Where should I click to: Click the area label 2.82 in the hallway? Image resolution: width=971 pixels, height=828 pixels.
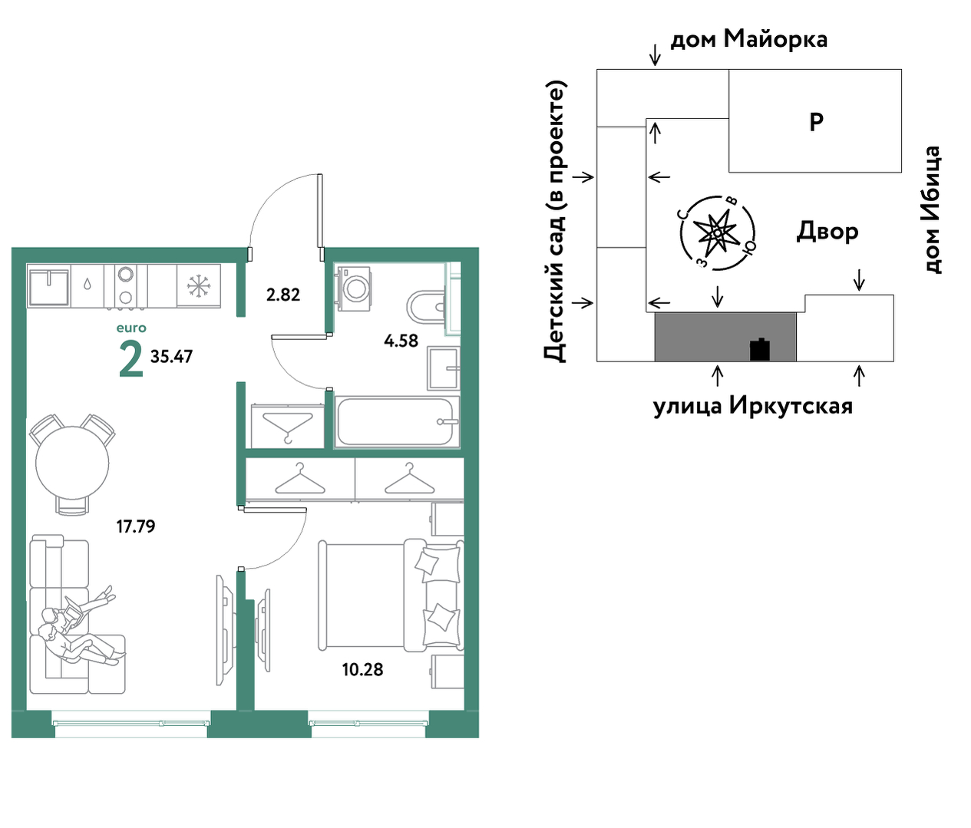(x=282, y=295)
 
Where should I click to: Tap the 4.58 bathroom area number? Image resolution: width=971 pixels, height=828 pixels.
(x=401, y=341)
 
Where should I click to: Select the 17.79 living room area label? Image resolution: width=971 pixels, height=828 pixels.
(x=136, y=526)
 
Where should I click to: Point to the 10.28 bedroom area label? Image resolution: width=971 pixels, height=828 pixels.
(x=362, y=669)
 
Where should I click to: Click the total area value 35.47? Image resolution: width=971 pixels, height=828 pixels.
(x=171, y=357)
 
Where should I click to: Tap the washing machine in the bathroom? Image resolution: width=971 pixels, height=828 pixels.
(x=353, y=289)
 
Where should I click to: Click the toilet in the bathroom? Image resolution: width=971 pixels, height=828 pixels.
(x=427, y=308)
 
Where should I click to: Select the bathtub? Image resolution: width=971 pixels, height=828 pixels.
(x=397, y=421)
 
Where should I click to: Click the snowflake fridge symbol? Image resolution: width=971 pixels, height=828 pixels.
(x=198, y=286)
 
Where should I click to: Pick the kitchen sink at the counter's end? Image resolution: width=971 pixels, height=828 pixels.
(x=49, y=285)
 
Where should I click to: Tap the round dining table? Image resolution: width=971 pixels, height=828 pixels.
(x=72, y=463)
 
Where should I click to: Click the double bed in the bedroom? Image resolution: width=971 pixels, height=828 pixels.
(x=391, y=594)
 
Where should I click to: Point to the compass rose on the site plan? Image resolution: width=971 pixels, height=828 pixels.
(x=718, y=233)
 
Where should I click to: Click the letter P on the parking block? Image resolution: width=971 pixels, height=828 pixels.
(x=817, y=122)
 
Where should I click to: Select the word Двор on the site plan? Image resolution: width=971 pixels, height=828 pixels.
(x=827, y=232)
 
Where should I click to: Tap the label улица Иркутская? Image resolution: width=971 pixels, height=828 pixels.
(x=753, y=406)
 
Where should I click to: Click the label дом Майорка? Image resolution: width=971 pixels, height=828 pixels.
(x=749, y=39)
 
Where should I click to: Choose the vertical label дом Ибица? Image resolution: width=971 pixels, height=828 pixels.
(x=932, y=209)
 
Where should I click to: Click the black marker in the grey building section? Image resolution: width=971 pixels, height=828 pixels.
(x=760, y=349)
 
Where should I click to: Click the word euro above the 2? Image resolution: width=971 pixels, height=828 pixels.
(x=131, y=328)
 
